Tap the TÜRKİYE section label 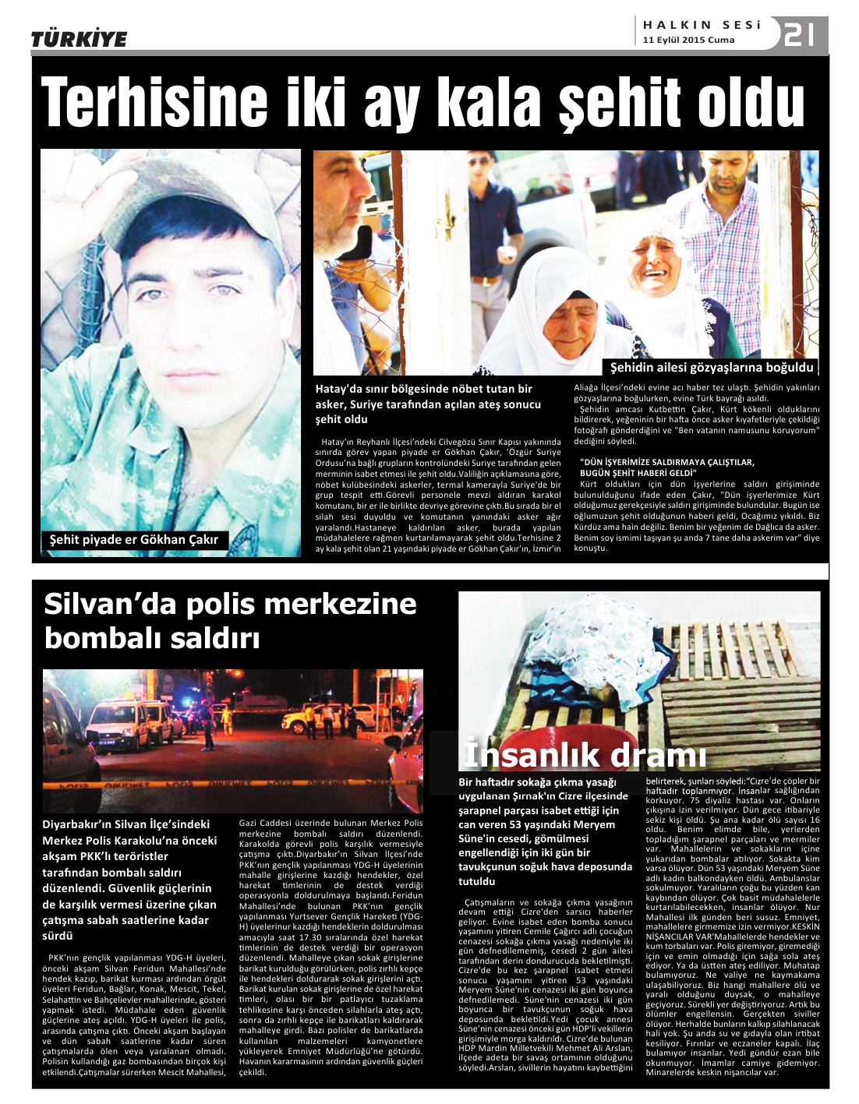click(x=79, y=39)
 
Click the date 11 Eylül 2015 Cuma click(x=688, y=41)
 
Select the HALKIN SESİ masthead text click(x=702, y=25)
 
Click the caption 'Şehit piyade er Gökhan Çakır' click(x=134, y=539)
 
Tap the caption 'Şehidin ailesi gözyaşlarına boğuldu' click(x=711, y=367)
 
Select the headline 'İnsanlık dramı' click(x=585, y=754)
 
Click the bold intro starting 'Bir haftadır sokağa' click(x=545, y=831)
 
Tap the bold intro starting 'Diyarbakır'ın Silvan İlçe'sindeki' click(x=129, y=879)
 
